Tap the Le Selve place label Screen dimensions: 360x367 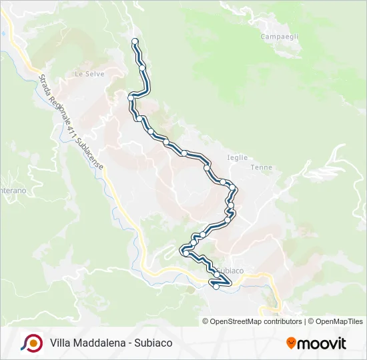click(x=88, y=73)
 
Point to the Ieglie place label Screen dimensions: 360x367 click(x=238, y=158)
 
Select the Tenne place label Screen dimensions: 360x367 click(x=261, y=167)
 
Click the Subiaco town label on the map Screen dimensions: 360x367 click(x=229, y=270)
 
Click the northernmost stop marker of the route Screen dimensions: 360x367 click(x=135, y=41)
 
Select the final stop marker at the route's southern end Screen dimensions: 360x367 click(x=216, y=287)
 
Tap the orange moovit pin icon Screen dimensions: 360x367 click(x=291, y=343)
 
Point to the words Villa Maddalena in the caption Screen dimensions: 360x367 click(x=84, y=343)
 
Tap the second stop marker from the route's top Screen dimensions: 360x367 click(x=142, y=67)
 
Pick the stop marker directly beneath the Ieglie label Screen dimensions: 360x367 click(x=223, y=181)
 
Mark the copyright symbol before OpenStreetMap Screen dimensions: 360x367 click(x=206, y=321)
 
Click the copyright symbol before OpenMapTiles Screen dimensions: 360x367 click(x=311, y=321)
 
